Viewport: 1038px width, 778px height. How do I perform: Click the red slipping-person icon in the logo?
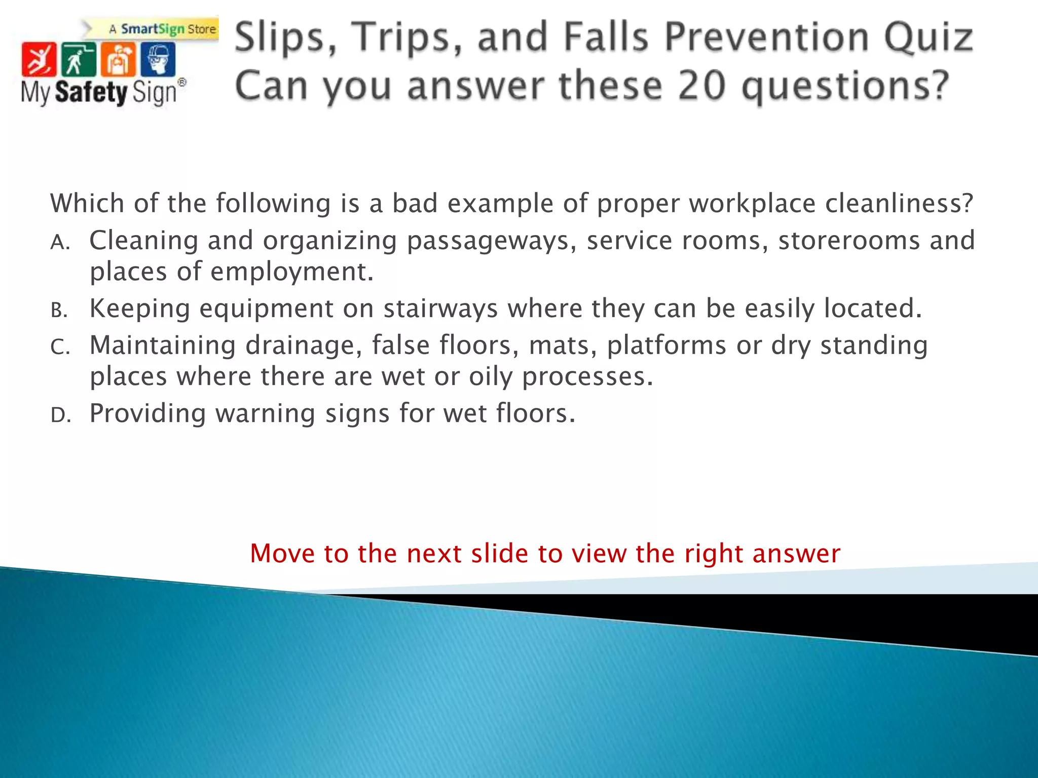39,60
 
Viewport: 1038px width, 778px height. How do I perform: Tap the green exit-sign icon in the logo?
78,60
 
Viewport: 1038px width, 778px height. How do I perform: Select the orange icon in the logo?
118,60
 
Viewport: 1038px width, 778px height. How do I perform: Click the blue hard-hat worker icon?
158,60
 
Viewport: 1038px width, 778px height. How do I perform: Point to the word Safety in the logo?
91,93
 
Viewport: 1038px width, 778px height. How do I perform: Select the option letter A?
60,243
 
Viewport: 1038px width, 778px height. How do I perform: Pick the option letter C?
60,348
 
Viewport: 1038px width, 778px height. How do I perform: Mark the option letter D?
60,416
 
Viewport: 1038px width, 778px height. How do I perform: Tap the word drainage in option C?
304,345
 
